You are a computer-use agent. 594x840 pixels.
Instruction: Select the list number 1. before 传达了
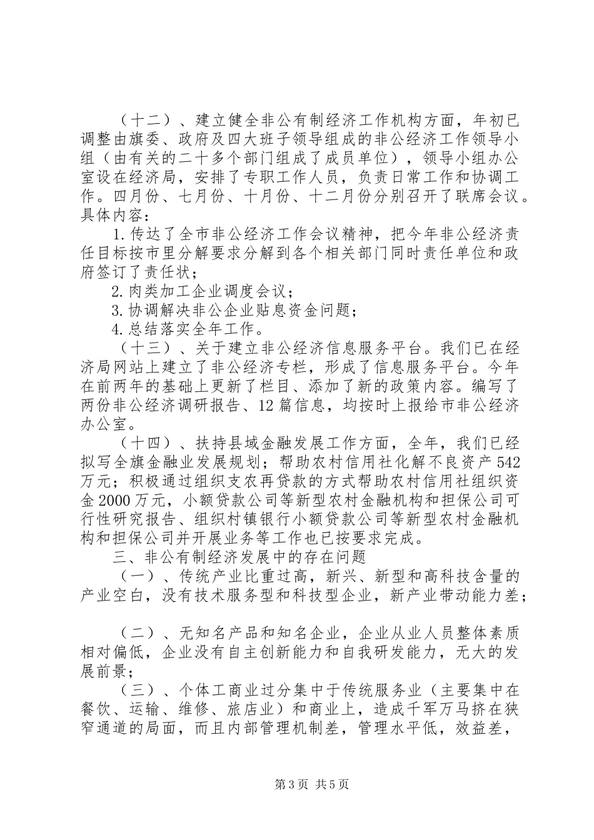click(x=121, y=235)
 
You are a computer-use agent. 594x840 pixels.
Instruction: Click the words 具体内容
click(x=109, y=215)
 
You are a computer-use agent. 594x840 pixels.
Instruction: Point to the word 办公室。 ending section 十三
click(x=103, y=424)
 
